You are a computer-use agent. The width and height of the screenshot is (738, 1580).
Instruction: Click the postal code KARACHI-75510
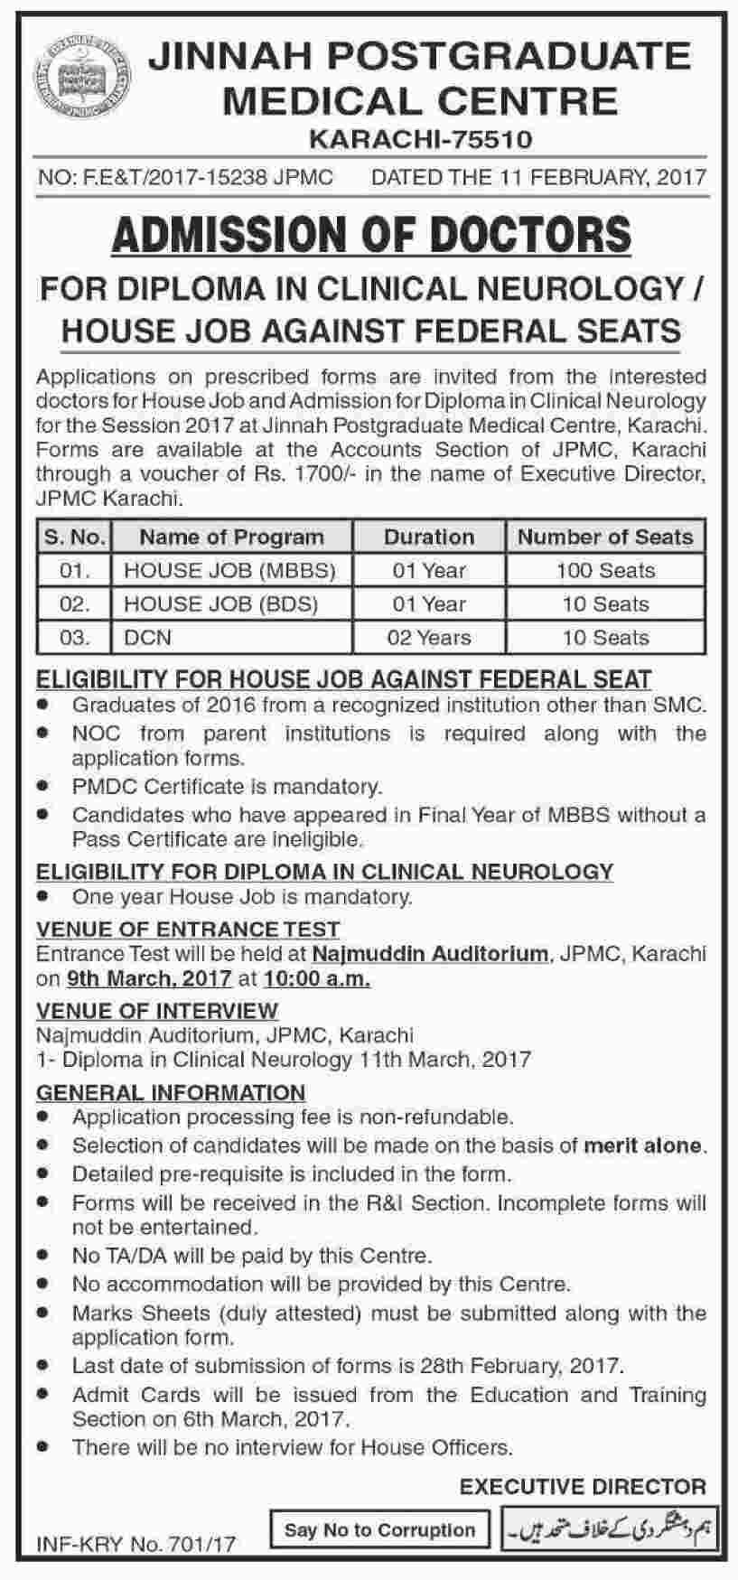click(x=420, y=139)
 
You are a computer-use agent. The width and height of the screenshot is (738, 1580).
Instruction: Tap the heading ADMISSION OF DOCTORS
click(x=370, y=234)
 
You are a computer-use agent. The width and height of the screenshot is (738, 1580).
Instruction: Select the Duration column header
click(x=429, y=537)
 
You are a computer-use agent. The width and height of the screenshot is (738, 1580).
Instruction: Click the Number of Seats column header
click(x=605, y=537)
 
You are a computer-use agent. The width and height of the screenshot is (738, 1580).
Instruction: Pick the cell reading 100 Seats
click(x=605, y=571)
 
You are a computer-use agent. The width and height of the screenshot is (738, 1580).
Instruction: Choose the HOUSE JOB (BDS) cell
click(x=220, y=604)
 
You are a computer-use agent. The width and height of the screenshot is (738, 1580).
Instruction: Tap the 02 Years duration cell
click(x=429, y=638)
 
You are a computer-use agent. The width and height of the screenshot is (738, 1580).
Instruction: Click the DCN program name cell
click(x=147, y=638)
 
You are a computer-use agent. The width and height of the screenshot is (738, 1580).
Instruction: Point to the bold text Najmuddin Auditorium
click(x=430, y=953)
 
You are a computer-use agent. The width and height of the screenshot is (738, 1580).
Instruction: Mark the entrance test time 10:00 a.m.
click(x=317, y=978)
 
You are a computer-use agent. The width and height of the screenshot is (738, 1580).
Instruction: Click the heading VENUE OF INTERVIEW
click(x=157, y=1010)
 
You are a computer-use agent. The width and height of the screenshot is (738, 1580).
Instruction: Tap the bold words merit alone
click(x=642, y=1146)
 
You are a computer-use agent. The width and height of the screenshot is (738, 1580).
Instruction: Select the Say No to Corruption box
click(x=379, y=1530)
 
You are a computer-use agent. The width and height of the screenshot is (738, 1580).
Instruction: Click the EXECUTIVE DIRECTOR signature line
click(x=583, y=1486)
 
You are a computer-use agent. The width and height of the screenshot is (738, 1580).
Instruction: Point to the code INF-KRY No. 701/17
click(x=135, y=1544)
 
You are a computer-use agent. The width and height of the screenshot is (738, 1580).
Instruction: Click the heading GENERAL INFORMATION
click(x=171, y=1092)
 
